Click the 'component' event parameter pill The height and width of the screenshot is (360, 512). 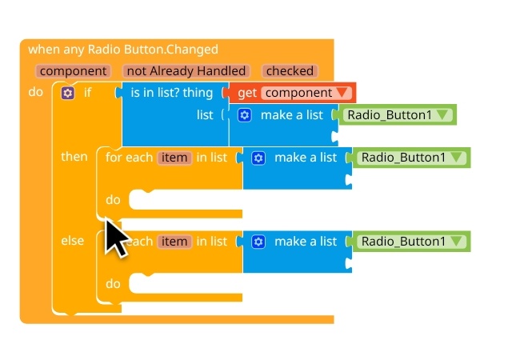(74, 71)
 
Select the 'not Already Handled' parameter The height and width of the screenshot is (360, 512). (186, 71)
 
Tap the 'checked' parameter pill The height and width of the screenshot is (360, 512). (289, 71)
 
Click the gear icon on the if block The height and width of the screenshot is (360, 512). (68, 93)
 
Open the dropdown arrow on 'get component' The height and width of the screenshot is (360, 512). (343, 93)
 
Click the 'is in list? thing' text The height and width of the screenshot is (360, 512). (172, 93)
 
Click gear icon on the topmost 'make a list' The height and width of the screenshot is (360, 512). (246, 115)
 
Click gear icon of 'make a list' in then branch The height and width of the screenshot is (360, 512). (258, 158)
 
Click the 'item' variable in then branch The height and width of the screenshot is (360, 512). (174, 158)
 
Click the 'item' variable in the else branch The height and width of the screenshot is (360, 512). (174, 242)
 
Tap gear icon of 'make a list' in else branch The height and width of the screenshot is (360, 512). (258, 242)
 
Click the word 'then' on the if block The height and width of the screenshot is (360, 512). (74, 157)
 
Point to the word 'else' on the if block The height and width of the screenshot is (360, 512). (73, 241)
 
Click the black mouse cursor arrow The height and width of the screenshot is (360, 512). (115, 237)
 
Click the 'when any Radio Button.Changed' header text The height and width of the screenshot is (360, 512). (123, 50)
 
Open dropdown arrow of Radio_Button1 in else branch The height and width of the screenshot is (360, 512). (457, 242)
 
